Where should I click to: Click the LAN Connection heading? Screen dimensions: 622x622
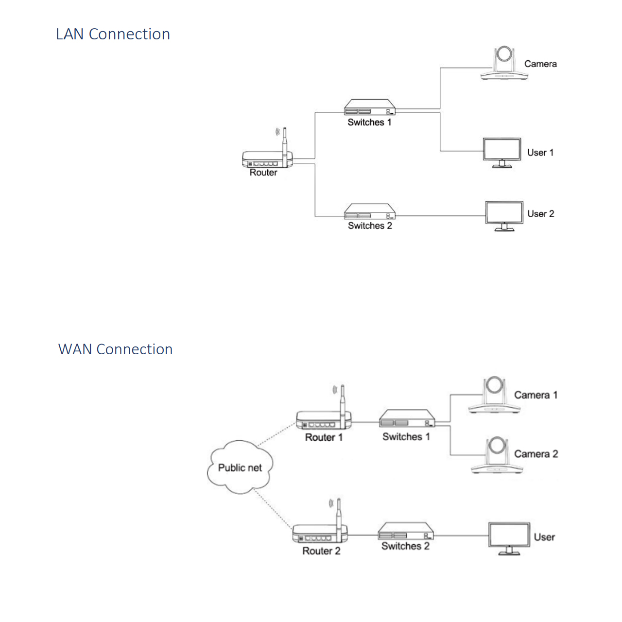tap(113, 34)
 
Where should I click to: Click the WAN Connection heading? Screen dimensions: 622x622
tap(115, 349)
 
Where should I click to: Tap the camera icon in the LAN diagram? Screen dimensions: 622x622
tap(504, 63)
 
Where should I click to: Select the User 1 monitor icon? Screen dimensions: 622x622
tap(502, 153)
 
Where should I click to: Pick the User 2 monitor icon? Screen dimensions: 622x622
tap(504, 216)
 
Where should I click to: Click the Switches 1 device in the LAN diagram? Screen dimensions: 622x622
tap(370, 107)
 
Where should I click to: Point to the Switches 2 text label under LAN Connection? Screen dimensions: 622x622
tap(370, 225)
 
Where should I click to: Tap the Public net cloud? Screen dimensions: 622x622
tap(240, 467)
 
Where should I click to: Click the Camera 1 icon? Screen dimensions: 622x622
tap(494, 395)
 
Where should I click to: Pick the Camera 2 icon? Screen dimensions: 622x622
tap(497, 455)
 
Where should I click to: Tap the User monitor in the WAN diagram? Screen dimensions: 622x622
tap(509, 539)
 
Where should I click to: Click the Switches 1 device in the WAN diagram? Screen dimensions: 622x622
tap(407, 418)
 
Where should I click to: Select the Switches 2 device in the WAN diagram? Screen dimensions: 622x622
tap(406, 531)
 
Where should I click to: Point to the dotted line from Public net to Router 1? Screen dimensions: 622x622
tap(277, 434)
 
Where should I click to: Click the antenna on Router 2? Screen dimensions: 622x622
tap(339, 519)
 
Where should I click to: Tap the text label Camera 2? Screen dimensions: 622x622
tap(536, 454)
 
